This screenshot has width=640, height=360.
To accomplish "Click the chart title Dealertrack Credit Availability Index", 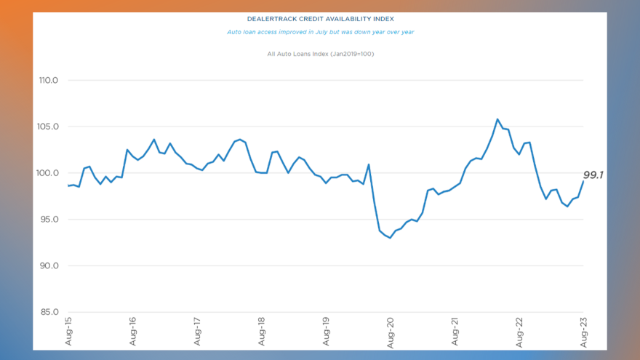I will tap(320, 19).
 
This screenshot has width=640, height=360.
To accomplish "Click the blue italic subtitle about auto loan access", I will tap(320, 32).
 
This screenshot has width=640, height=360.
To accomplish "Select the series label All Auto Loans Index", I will tap(320, 54).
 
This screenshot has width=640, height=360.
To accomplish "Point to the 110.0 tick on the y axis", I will tap(48, 80).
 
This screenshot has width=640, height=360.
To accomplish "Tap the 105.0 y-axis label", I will tap(48, 127).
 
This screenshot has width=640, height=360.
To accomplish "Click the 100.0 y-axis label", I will tap(48, 173).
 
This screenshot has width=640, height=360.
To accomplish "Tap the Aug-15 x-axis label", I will tap(68, 332).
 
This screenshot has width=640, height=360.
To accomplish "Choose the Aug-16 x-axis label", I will tap(133, 332).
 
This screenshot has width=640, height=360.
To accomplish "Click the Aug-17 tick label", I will tap(197, 332).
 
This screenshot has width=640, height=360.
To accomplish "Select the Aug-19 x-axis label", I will tap(326, 332).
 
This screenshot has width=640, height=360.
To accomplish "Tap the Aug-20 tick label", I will tap(391, 332).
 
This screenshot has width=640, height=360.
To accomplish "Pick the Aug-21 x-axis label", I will tap(455, 332).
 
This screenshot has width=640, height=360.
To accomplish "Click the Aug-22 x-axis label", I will tap(519, 332).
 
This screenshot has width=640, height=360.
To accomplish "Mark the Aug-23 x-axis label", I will tap(583, 332).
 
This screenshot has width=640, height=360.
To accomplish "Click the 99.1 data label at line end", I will tap(594, 175).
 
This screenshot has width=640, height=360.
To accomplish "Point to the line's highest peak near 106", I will tap(497, 119).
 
